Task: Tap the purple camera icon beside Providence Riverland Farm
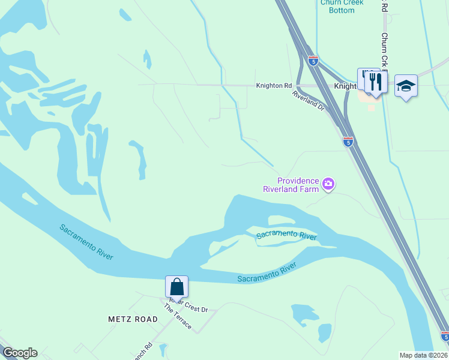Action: pos(328,184)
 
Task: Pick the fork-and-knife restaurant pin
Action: pos(375,82)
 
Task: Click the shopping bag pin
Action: pos(176,286)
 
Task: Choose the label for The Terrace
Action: pos(178,316)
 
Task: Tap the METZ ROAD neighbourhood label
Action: pos(133,319)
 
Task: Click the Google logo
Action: pos(20,353)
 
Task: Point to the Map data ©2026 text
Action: pos(424,355)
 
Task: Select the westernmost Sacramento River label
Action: pos(86,242)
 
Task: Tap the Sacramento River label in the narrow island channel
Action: pos(286,235)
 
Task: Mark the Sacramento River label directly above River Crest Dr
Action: pos(267,273)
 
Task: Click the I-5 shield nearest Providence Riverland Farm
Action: pos(348,142)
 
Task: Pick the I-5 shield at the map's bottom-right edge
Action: pos(445,337)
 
